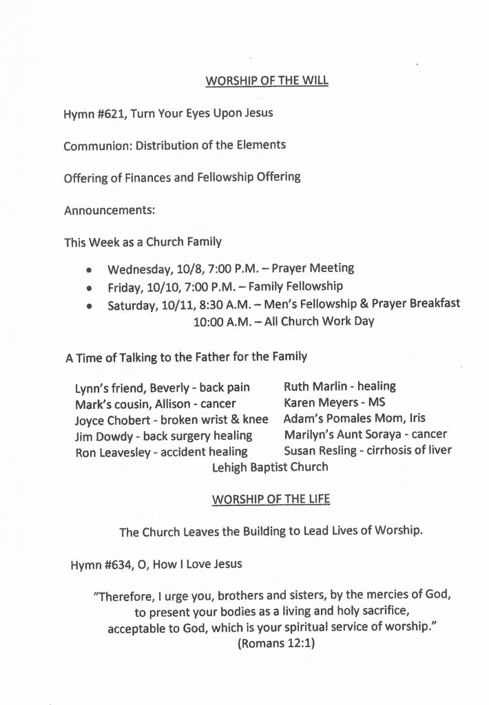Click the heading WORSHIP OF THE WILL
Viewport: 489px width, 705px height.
(x=267, y=81)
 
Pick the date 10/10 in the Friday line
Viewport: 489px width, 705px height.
(x=158, y=286)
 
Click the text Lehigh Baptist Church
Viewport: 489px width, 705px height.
(x=271, y=467)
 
